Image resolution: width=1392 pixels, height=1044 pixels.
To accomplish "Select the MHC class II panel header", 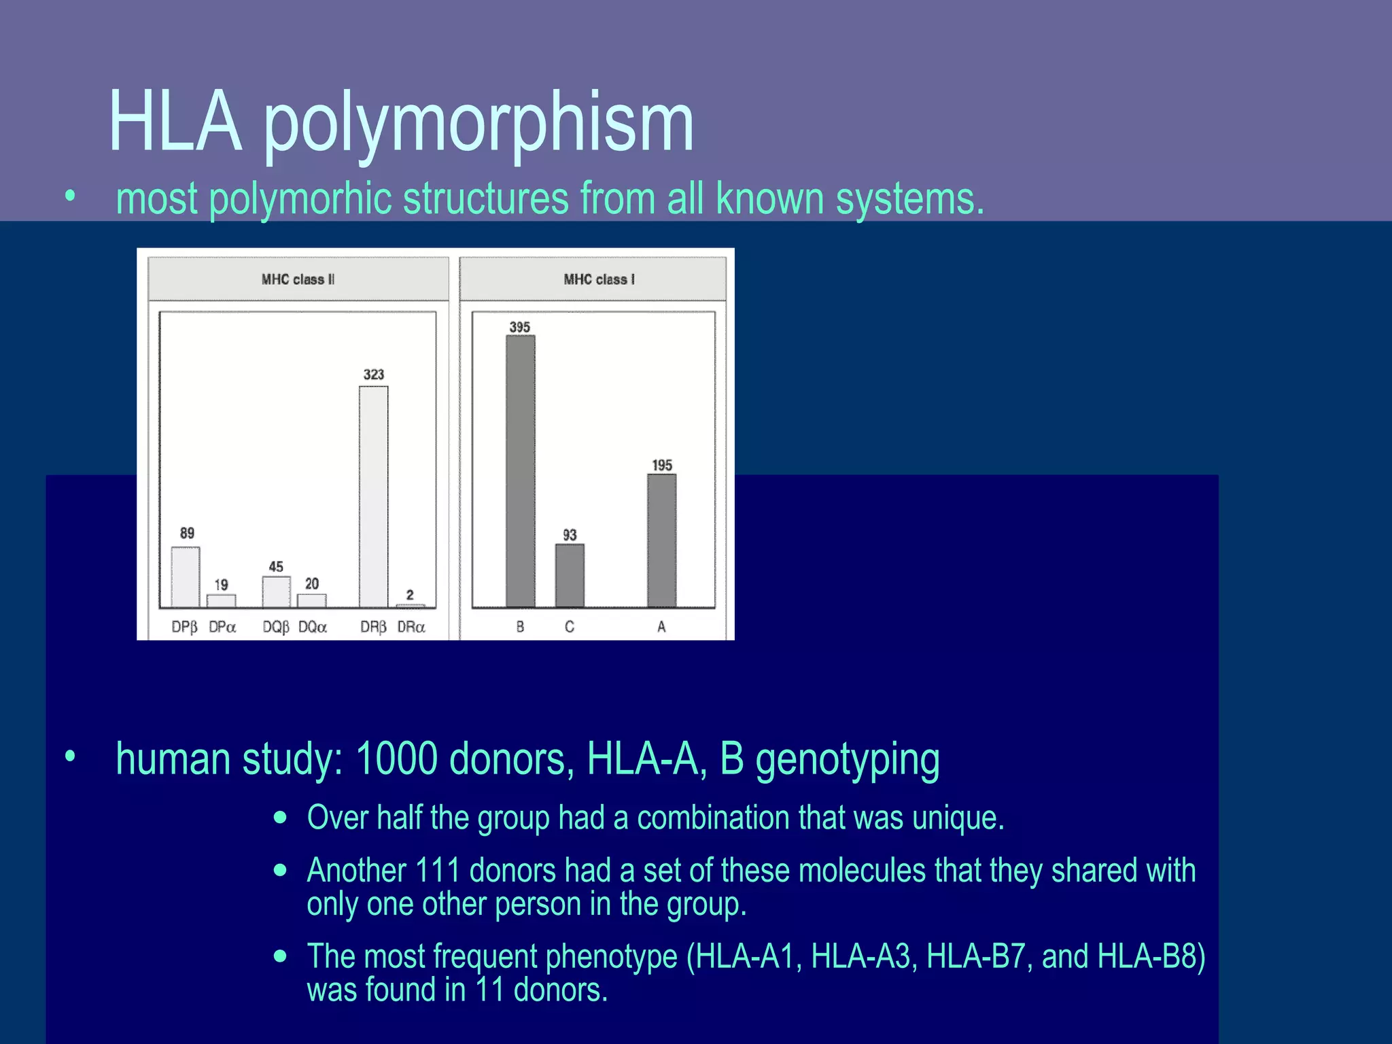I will tap(298, 279).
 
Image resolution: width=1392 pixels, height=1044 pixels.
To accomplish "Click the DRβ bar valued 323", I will tap(373, 496).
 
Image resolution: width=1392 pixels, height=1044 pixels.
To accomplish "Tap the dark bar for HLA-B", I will tap(520, 470).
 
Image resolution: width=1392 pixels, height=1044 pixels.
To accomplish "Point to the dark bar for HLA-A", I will tap(661, 540).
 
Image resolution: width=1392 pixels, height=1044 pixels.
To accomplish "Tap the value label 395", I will tap(520, 327).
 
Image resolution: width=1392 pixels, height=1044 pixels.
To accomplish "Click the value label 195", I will tap(662, 466).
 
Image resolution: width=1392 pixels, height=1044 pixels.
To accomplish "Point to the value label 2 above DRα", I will tap(410, 595).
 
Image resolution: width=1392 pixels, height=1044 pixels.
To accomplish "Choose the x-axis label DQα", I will tap(313, 627).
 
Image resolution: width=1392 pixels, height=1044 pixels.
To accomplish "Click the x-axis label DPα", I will tap(222, 627).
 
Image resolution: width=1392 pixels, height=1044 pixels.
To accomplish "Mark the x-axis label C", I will tap(570, 627).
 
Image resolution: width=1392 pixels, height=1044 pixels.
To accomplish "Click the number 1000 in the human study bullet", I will tap(396, 759).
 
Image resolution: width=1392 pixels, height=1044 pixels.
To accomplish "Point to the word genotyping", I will tap(848, 760).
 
